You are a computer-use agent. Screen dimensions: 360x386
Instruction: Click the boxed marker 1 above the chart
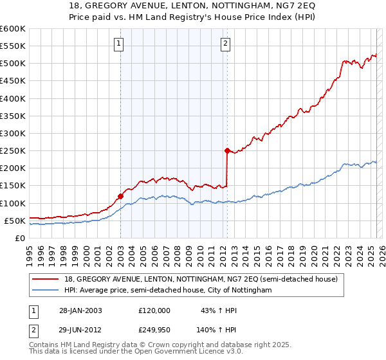[120, 44]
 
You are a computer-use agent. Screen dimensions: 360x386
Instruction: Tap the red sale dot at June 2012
[227, 150]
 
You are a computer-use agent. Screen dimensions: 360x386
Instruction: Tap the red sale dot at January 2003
[120, 196]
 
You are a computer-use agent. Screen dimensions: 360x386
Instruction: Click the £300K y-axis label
[12, 133]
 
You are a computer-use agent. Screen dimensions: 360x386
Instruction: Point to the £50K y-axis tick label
[15, 221]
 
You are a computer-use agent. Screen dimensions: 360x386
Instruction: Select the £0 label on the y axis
[20, 238]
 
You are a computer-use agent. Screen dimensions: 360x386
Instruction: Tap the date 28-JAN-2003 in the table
[80, 310]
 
